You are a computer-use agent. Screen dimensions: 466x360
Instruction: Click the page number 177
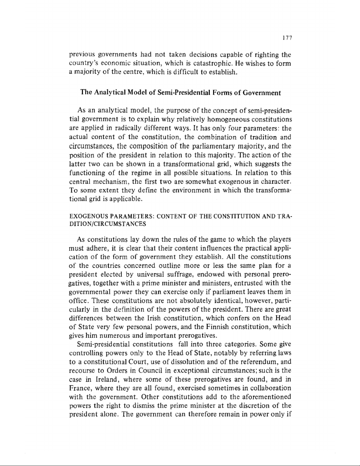[x=286, y=38]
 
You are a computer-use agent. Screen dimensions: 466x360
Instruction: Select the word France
[x=80, y=388]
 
